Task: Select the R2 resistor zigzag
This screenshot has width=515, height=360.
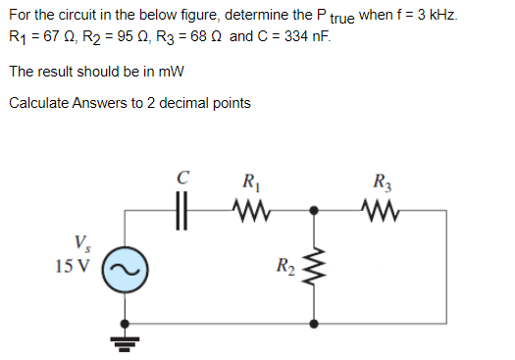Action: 314,266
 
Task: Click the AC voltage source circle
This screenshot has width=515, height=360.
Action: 126,266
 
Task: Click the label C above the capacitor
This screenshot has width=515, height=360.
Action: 181,180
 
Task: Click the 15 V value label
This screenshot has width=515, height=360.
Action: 73,265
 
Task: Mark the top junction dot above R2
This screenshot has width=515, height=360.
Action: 314,209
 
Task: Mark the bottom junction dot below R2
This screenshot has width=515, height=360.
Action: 314,322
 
